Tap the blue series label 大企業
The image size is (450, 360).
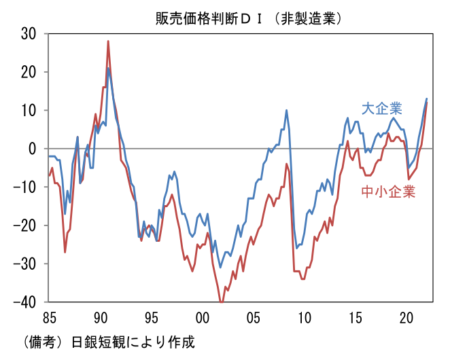(383, 109)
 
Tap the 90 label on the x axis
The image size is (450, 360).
(100, 317)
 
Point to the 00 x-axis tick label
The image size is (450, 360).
(202, 317)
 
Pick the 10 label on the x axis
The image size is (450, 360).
(304, 317)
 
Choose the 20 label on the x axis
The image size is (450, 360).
(406, 317)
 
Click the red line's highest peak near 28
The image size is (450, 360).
(108, 41)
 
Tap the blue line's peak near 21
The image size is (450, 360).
(107, 68)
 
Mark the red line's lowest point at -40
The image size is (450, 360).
(221, 301)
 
